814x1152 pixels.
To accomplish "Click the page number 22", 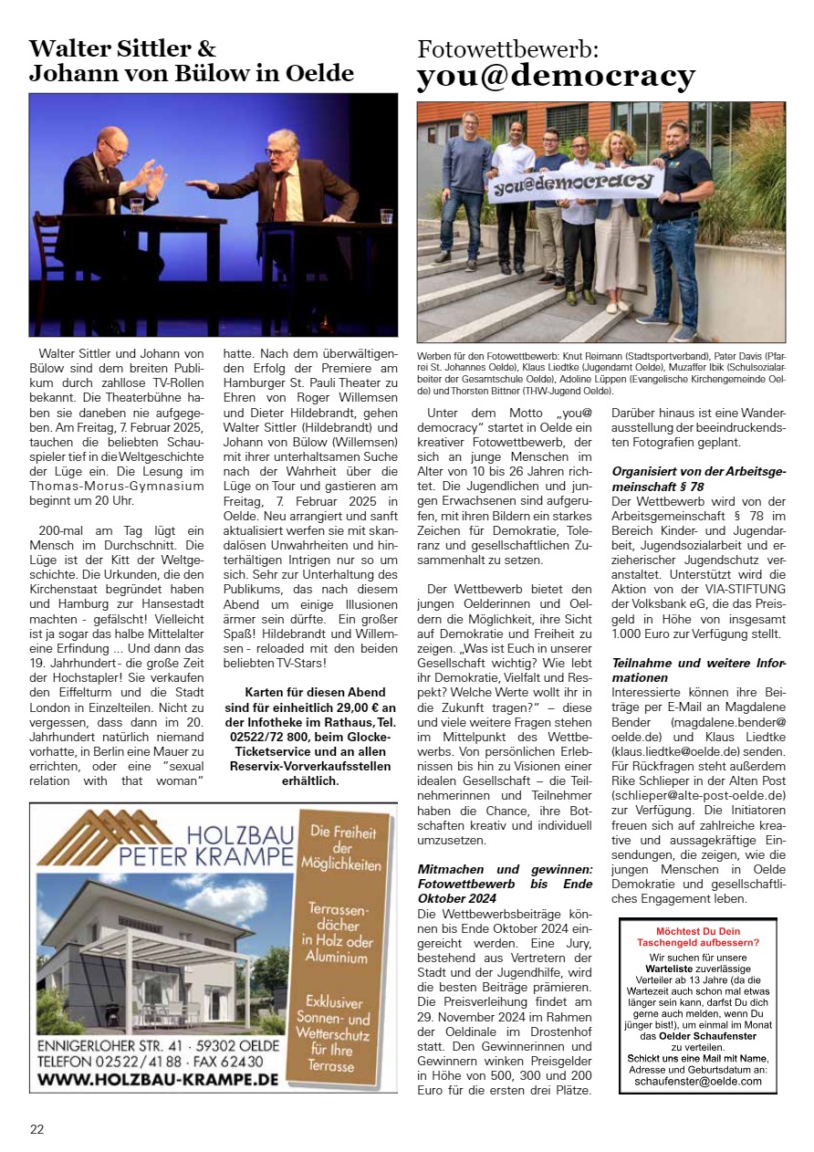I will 37,1129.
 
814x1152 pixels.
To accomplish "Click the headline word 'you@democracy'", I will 555,76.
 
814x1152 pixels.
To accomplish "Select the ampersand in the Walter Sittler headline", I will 206,48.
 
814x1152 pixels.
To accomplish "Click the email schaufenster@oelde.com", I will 697,1081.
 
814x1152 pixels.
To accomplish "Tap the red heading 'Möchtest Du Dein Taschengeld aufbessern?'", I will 697,936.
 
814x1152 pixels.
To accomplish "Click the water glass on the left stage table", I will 136,206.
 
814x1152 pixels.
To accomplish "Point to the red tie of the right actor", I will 282,196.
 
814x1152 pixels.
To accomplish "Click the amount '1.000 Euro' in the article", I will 644,634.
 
